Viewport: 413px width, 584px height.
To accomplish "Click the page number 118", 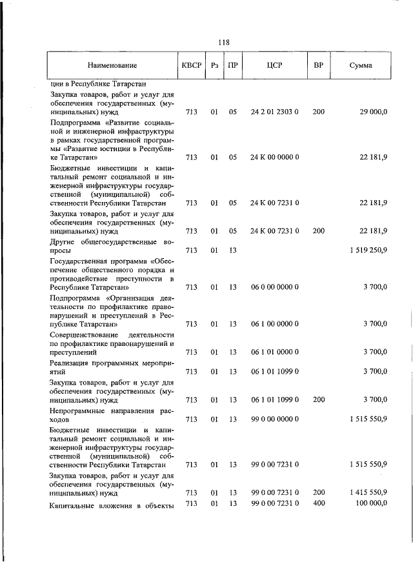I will (x=224, y=43).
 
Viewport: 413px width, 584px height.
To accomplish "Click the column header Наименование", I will (x=113, y=65).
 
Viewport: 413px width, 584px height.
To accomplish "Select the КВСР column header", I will (x=192, y=65).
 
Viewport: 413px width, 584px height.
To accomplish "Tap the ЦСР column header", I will (x=274, y=65).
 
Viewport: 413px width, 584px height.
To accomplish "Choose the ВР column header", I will (x=318, y=65).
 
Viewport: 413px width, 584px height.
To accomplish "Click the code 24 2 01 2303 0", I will (x=274, y=112).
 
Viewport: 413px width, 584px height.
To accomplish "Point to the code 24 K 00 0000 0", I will (x=274, y=157).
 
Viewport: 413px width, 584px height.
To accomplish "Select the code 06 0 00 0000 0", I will (x=274, y=287).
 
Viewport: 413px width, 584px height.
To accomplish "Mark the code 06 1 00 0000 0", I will (x=274, y=324).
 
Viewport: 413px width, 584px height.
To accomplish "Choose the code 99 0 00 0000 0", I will (x=274, y=419).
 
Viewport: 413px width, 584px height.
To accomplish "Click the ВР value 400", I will (x=318, y=503).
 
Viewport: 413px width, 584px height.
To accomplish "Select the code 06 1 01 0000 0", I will (x=274, y=352).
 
